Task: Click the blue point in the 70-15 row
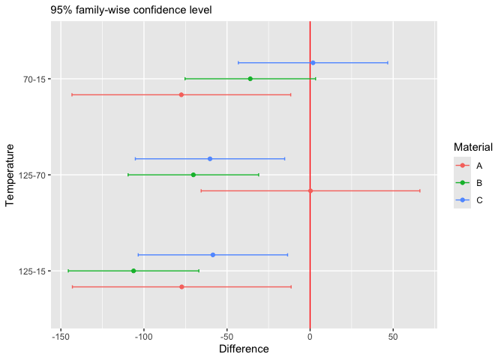point(313,63)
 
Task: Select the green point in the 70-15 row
point(250,79)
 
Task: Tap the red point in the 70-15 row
point(181,95)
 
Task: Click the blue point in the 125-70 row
point(210,159)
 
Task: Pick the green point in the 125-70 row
point(193,175)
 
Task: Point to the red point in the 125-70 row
point(310,191)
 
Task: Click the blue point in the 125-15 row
point(213,255)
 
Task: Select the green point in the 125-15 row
point(133,271)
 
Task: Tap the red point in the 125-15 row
point(181,287)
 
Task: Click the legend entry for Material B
point(469,182)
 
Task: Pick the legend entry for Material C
point(469,200)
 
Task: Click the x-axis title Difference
point(243,349)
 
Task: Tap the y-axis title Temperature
point(10,175)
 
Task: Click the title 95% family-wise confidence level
point(131,10)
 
